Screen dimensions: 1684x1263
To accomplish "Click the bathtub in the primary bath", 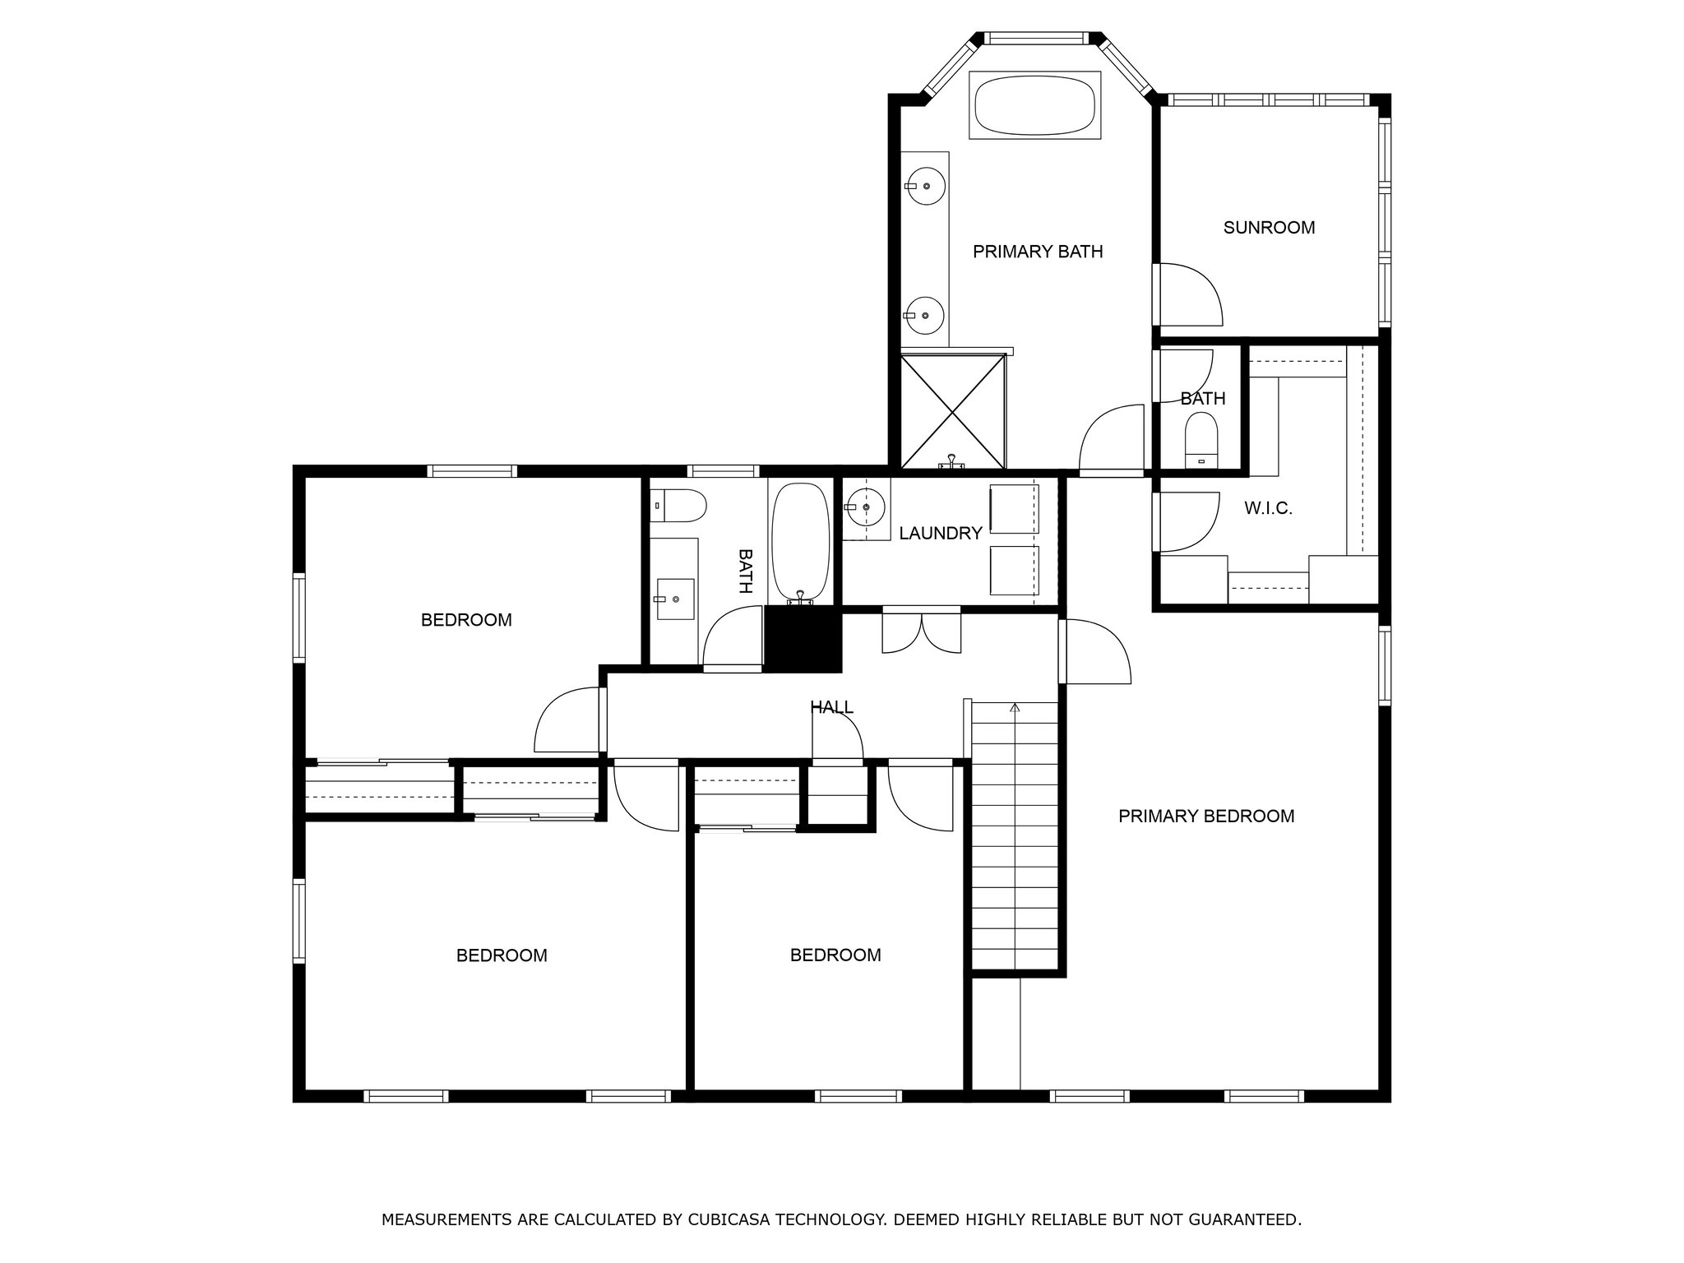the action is tap(1035, 105).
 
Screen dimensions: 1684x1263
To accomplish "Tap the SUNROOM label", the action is tap(1269, 228).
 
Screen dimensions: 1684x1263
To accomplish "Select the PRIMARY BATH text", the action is tap(1038, 252).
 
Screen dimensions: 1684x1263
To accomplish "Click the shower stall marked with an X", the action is tap(953, 411).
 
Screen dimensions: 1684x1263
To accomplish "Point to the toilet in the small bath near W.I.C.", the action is tap(1201, 441).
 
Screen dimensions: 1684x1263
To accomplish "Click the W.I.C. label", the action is tap(1268, 509).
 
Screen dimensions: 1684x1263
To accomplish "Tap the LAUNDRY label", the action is tap(941, 534).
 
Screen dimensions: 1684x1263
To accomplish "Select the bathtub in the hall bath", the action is tap(801, 544).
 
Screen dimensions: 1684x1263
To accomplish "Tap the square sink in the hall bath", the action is tap(675, 599).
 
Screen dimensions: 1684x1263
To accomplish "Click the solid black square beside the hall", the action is tap(803, 640).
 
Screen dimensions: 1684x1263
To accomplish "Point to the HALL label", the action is tap(832, 707).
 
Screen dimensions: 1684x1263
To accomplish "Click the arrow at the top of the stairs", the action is tap(1015, 706).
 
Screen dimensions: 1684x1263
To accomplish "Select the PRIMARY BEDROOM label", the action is tap(1206, 817).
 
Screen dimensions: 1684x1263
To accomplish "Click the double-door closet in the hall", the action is tap(922, 631).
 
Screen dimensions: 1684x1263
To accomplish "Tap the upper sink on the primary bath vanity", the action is tap(927, 186).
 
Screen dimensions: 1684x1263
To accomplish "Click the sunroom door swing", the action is tap(1190, 294).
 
